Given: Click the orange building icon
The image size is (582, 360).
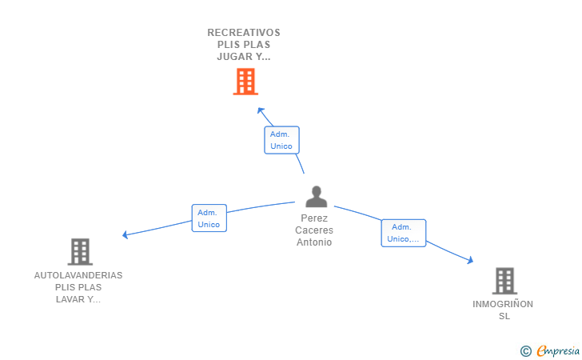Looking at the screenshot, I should point(245,82).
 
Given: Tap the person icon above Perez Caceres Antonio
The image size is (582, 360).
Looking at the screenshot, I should point(317,197).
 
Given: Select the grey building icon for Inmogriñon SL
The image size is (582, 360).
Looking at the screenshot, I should point(504,281).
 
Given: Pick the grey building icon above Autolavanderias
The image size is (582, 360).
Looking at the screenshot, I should point(79,252).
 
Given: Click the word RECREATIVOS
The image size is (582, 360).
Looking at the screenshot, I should point(244,33).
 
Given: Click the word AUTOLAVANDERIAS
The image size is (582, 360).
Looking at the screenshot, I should point(78,275).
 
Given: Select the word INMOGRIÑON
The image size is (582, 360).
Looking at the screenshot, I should point(503,304).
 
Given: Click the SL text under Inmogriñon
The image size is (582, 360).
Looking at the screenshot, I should point(504,316).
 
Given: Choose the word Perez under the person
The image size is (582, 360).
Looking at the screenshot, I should point(314,218).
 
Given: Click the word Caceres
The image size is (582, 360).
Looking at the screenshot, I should point(314,230).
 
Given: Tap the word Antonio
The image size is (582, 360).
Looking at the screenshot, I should point(314,242).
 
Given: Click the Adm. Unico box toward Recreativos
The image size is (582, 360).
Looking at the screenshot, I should point(281,140).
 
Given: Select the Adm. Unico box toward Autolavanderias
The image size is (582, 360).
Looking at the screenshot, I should point(209,218).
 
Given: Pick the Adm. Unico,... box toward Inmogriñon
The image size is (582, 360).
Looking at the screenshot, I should point(403,233).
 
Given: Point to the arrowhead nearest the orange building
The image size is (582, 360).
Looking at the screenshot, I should point(259,110).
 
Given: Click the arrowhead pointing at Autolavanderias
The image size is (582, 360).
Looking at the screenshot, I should point(125,235).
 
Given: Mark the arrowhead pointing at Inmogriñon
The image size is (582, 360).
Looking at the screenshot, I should point(471,260).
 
